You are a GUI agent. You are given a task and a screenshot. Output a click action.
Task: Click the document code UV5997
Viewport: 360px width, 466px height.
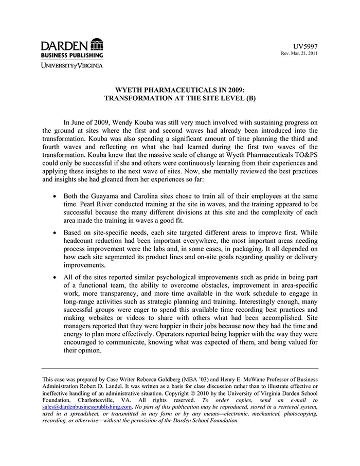coord(306,46)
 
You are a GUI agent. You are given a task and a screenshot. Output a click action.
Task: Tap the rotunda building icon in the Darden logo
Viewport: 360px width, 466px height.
coord(96,44)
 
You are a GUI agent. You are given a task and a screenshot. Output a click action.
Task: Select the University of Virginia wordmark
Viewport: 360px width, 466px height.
coord(72,65)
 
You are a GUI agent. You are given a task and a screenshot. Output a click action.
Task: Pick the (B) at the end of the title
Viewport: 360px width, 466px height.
coord(250,97)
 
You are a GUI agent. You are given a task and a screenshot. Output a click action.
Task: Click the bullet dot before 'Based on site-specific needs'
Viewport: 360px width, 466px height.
coord(56,233)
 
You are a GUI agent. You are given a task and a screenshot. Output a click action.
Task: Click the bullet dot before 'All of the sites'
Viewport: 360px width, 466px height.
coord(56,277)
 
